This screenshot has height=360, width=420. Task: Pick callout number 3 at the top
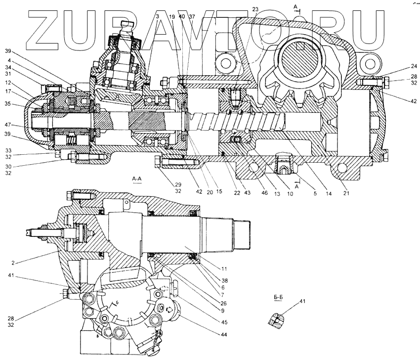(x=157, y=16)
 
